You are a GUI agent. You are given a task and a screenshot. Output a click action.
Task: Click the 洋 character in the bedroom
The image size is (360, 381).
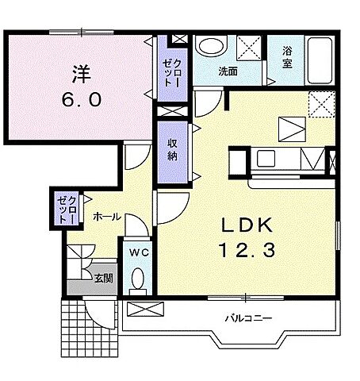click(81, 75)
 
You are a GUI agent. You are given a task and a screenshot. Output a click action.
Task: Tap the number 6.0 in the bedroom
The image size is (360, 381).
click(82, 100)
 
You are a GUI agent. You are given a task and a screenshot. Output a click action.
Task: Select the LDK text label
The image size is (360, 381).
click(247, 225)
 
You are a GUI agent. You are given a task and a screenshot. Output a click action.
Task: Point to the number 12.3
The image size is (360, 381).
click(247, 250)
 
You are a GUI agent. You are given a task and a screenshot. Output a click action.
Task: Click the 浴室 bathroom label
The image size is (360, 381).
click(287, 57)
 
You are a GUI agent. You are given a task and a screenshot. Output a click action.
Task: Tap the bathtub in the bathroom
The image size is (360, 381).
click(320, 60)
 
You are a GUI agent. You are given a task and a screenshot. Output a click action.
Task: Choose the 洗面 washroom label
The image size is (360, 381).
click(228, 71)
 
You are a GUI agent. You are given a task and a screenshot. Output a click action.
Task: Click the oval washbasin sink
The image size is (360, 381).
click(211, 47)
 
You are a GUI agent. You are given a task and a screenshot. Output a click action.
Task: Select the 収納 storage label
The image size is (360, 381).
click(172, 150)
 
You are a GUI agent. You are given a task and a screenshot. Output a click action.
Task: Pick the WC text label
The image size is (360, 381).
click(139, 253)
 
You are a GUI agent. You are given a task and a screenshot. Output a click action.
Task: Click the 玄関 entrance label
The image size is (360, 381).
click(104, 278)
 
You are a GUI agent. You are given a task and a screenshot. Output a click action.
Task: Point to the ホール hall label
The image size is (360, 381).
click(107, 217)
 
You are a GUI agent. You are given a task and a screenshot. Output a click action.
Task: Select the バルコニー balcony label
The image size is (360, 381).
click(248, 318)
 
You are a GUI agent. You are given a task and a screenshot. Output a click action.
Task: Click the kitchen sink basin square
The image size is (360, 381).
click(266, 159)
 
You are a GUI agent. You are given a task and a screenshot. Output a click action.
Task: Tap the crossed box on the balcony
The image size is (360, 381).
click(145, 309)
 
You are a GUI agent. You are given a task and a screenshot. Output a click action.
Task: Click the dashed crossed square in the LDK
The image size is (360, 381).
click(322, 104)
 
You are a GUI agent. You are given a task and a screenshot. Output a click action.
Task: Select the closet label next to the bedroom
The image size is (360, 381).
click(172, 73)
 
